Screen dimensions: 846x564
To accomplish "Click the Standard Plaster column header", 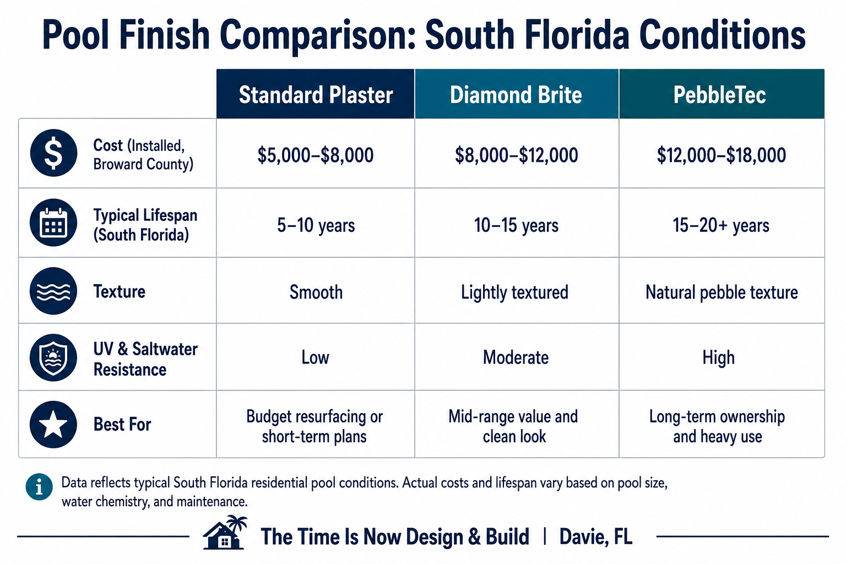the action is (x=316, y=94).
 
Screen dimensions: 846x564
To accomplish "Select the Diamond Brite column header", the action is (x=516, y=94).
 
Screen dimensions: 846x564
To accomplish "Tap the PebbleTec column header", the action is (x=722, y=94).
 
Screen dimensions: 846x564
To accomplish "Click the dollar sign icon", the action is (x=53, y=153).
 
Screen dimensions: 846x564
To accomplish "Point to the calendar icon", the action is (x=53, y=223).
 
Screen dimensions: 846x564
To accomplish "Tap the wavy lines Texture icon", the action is (x=53, y=291).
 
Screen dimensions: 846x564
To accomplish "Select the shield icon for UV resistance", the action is (x=53, y=357).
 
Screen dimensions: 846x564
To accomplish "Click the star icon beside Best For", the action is (x=53, y=424).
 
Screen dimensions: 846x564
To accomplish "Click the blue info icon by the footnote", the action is (x=39, y=486).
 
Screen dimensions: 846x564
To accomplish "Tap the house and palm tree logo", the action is (x=225, y=532).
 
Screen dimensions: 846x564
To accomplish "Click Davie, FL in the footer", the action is (x=595, y=537).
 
